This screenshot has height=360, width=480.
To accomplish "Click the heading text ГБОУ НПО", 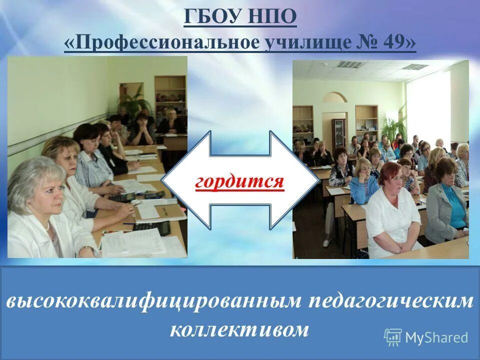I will [x=240, y=19].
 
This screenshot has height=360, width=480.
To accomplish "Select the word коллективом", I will [x=239, y=330].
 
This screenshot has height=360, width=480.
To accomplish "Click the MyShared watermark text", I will [x=436, y=337].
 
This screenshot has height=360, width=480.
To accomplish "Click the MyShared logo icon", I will [x=393, y=337].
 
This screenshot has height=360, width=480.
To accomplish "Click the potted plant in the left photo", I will [x=133, y=100].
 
